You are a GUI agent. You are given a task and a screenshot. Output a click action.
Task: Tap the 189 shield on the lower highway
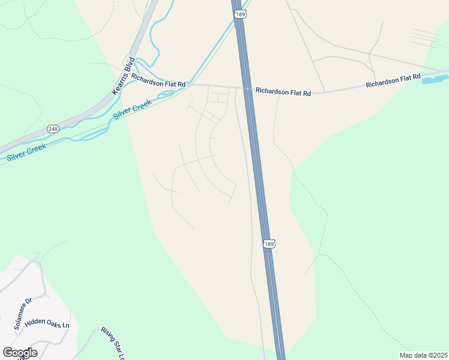[270, 244]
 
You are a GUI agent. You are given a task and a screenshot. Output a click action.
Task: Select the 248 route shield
[53, 128]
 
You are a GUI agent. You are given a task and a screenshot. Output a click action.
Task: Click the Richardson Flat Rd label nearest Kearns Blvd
[158, 81]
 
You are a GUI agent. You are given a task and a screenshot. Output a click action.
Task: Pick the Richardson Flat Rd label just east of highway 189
[283, 92]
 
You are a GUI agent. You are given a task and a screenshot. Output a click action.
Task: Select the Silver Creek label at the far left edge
[28, 152]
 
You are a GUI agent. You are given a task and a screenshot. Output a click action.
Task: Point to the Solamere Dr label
[23, 314]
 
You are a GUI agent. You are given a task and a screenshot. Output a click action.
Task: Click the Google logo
[20, 352]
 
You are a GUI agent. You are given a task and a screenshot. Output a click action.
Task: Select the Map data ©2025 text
[423, 355]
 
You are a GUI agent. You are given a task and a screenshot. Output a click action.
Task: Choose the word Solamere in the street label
[22, 316]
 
